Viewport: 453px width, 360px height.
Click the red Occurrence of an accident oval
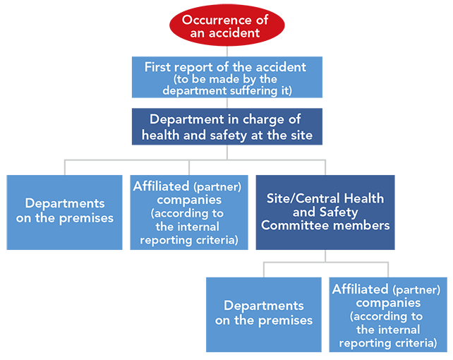coord(226,25)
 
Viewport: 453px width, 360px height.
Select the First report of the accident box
coord(227,77)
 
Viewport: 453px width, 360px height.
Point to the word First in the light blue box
coord(157,67)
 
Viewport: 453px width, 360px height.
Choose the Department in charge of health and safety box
coord(227,126)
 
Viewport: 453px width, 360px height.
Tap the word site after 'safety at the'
coord(302,136)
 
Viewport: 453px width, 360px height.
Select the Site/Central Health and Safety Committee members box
coord(325,212)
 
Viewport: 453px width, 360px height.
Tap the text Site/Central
coord(303,199)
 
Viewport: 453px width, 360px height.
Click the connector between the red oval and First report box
coord(227,52)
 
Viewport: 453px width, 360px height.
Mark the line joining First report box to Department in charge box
coord(227,103)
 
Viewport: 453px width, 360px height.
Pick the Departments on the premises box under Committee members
coord(264,315)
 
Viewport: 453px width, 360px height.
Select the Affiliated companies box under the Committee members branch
coord(388,315)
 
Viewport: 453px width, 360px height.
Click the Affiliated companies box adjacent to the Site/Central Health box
coord(189,212)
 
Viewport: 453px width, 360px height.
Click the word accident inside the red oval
coord(234,33)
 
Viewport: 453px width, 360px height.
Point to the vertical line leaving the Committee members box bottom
coord(325,256)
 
